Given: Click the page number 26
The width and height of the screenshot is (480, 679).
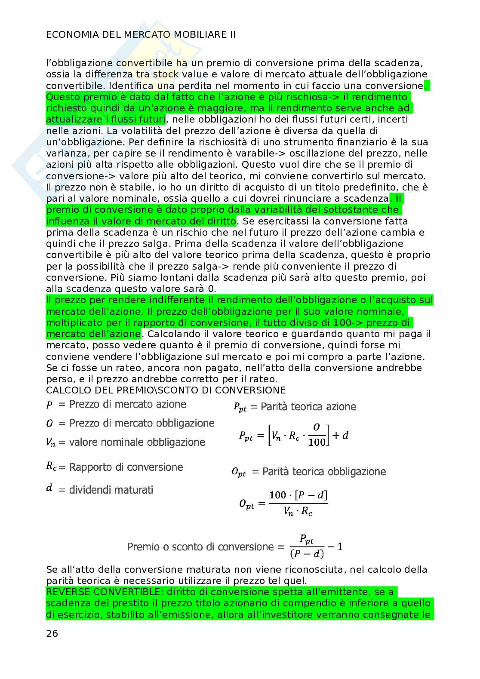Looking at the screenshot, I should point(52,633).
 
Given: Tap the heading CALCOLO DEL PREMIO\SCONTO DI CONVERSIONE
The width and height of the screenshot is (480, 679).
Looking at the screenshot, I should point(166,390).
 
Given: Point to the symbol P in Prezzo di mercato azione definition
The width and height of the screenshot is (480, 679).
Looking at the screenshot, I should point(49,405).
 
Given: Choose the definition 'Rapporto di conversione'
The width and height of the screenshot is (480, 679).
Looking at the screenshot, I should point(126,467).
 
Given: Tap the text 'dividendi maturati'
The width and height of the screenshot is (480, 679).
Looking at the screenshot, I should point(111,490).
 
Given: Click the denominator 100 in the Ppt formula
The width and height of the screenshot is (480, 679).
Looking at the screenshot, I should point(317,442).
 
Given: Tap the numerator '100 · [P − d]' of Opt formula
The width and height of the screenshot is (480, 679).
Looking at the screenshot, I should point(298,495).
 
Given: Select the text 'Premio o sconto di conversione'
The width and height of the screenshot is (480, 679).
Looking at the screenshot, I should point(200,547).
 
